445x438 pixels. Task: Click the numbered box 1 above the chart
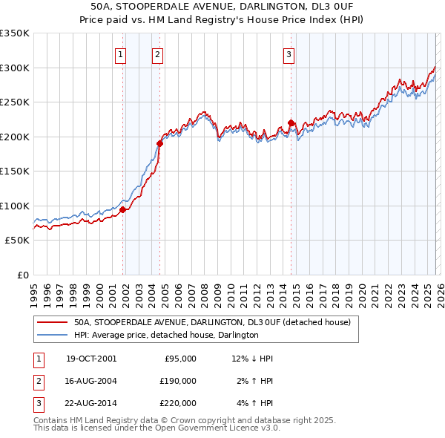(x=120, y=53)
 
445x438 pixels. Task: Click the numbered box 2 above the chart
(x=158, y=53)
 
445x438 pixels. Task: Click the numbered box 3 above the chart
(x=289, y=53)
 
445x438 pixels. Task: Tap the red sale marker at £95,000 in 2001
(x=123, y=209)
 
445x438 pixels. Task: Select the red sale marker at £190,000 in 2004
(x=160, y=143)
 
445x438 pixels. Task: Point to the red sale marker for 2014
(x=291, y=122)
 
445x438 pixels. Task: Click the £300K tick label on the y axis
(x=15, y=68)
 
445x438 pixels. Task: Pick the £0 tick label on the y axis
(x=22, y=275)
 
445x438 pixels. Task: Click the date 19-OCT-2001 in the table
(x=91, y=359)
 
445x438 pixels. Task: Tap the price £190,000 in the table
(x=177, y=381)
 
